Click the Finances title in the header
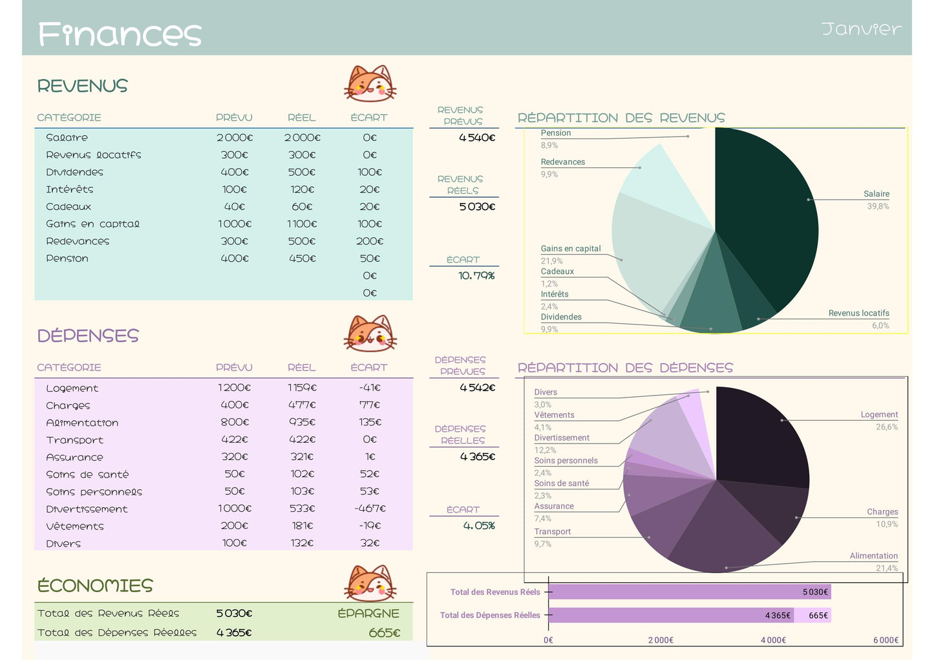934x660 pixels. pyautogui.click(x=120, y=34)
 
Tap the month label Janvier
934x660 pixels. pyautogui.click(x=861, y=29)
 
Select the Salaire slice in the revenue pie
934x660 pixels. pyautogui.click(x=769, y=207)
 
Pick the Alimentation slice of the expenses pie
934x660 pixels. pyautogui.click(x=724, y=537)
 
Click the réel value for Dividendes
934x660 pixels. pyautogui.click(x=302, y=172)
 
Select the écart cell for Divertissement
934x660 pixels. pyautogui.click(x=370, y=509)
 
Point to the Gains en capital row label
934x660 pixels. pyautogui.click(x=92, y=224)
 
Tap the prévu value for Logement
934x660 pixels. pyautogui.click(x=234, y=388)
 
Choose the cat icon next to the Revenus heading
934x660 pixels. pyautogui.click(x=370, y=83)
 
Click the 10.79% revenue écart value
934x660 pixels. pyautogui.click(x=476, y=275)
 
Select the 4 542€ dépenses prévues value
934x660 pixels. pyautogui.click(x=477, y=388)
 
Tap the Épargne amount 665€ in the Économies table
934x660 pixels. pyautogui.click(x=384, y=633)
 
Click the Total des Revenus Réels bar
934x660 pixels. pyautogui.click(x=689, y=591)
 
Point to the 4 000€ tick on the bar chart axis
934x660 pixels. pyautogui.click(x=772, y=640)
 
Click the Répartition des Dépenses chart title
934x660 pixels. pyautogui.click(x=625, y=368)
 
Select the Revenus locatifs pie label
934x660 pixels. pyautogui.click(x=858, y=313)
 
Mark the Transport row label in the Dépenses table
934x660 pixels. pyautogui.click(x=74, y=440)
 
